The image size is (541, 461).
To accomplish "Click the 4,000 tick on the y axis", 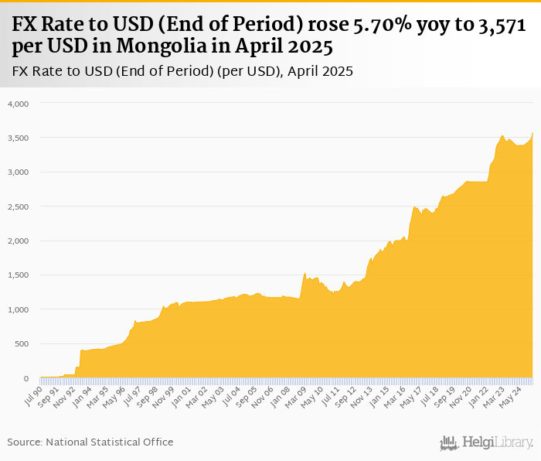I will pos(17,104).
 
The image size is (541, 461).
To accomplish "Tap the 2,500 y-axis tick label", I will pos(17,207).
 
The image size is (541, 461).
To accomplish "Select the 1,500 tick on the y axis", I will pos(17,275).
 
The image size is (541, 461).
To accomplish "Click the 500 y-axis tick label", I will pos(21,344).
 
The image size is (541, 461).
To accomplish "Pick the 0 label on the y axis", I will pos(26,378).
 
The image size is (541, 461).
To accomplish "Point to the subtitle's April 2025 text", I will pos(319,71).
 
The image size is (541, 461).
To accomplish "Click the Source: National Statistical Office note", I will pos(90,442).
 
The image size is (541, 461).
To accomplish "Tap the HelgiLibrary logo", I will pos(487,442).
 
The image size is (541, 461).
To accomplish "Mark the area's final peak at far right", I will pos(532,134).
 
